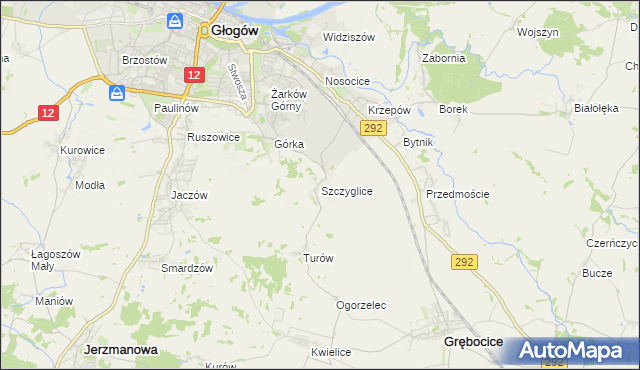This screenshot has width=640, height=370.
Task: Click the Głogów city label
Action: tap(235, 30)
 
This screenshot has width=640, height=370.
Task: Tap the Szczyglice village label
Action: tap(347, 190)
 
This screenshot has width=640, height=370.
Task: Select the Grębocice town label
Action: tap(472, 342)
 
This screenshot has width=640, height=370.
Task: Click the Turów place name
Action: tap(318, 258)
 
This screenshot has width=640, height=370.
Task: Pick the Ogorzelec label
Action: tap(361, 306)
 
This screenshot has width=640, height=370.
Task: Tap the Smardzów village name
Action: tap(188, 268)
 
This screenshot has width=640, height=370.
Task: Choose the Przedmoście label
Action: tap(457, 194)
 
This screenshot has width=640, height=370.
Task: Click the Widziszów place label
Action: tap(348, 37)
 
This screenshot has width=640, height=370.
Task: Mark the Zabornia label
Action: tap(444, 58)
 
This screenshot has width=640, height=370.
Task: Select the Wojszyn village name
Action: tap(537, 32)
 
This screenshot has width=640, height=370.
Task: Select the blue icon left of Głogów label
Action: tap(175, 21)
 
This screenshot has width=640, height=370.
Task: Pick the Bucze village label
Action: tap(597, 273)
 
